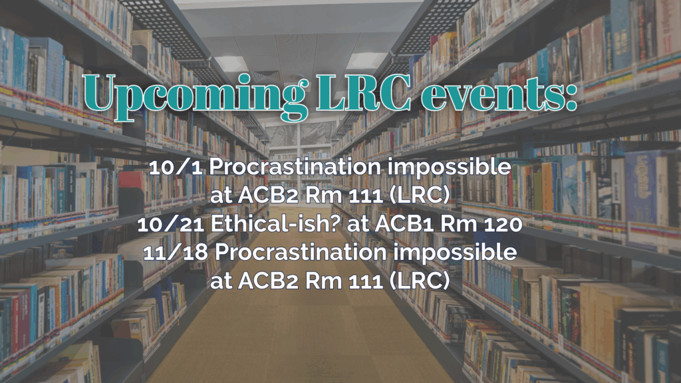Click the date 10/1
tap(176, 167)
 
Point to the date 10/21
tap(171, 224)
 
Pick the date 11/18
tap(176, 253)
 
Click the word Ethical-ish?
tap(276, 223)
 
